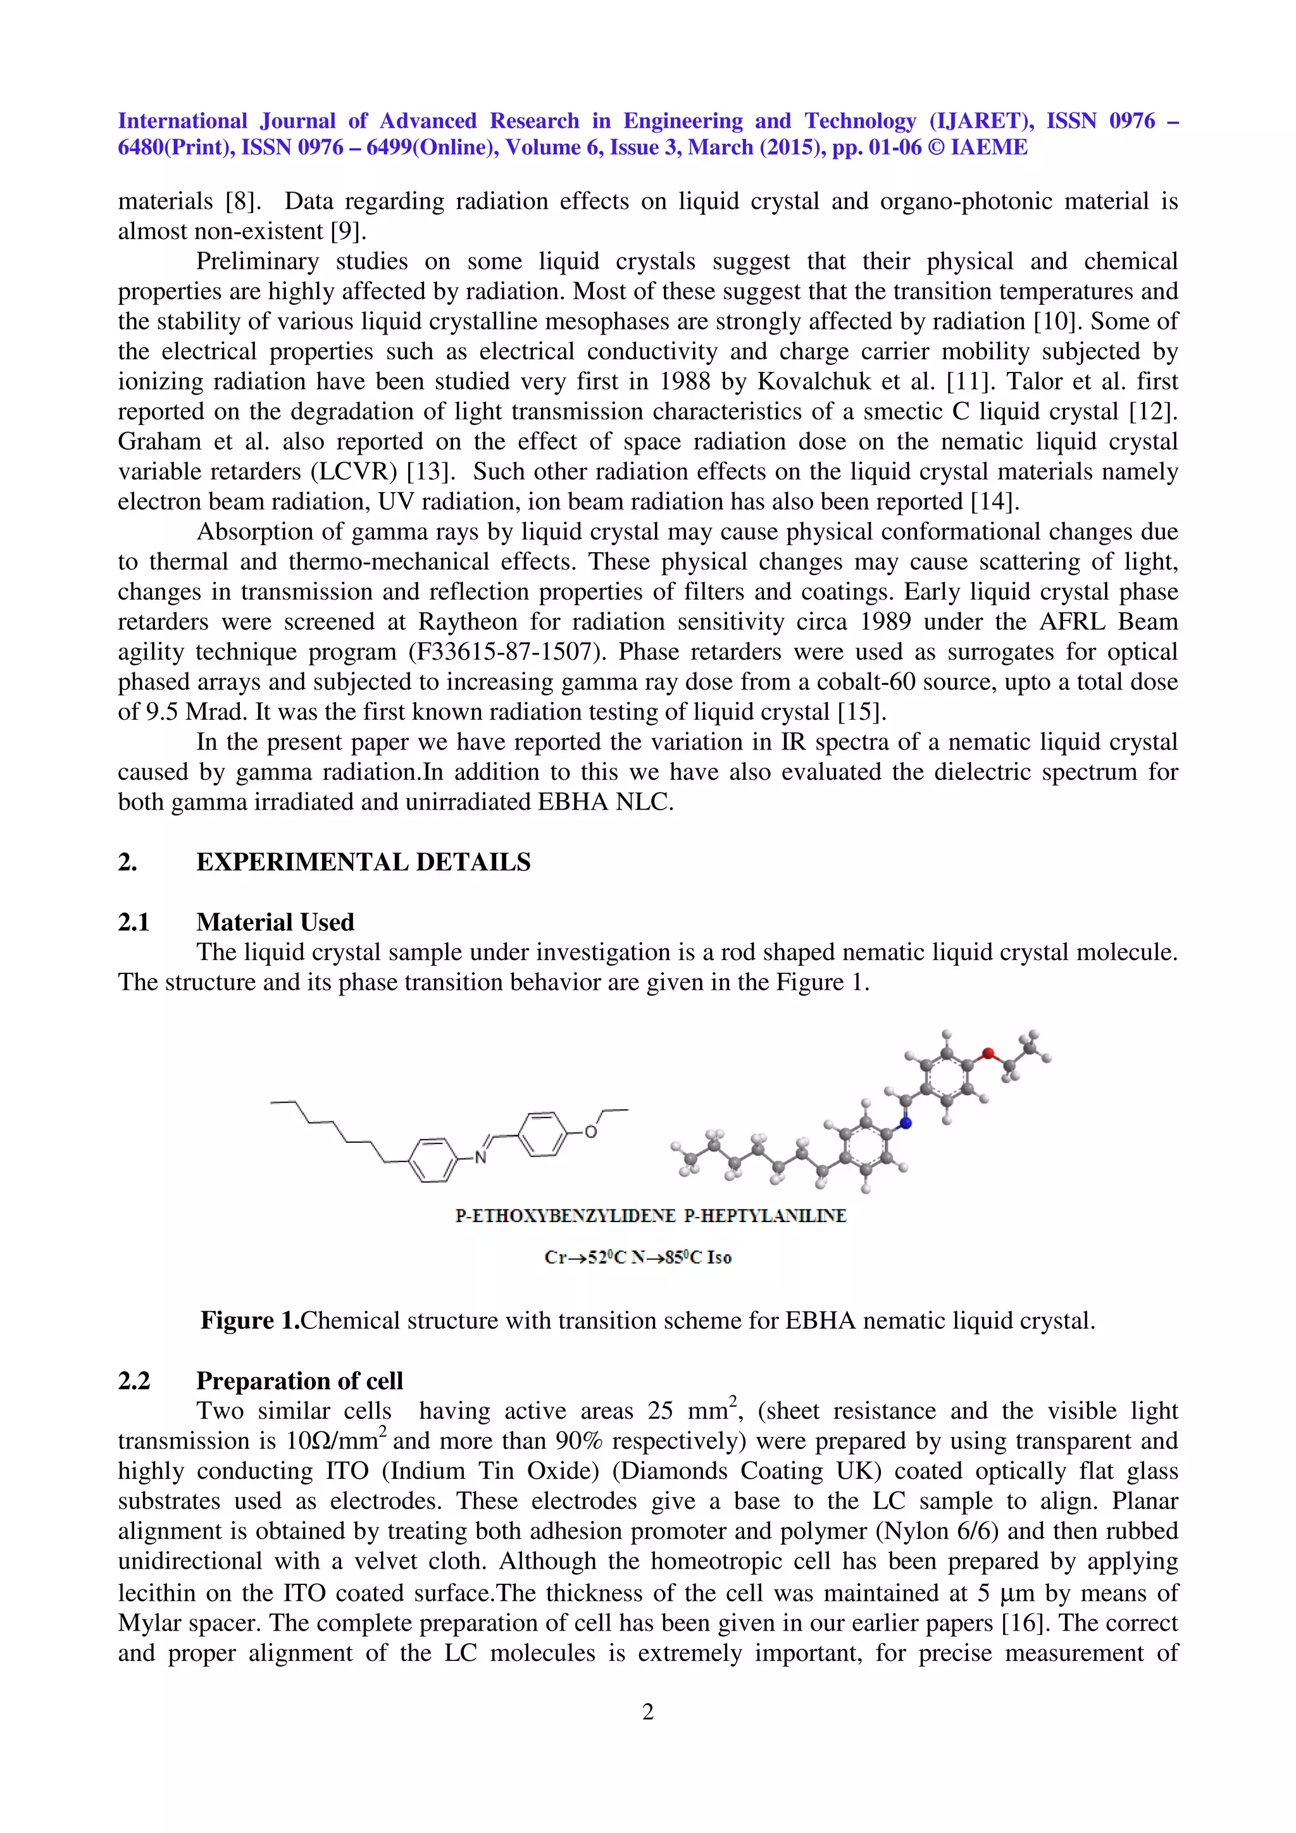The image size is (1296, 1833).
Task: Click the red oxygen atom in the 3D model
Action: (988, 1053)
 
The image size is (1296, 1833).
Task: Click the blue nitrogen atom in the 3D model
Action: (906, 1123)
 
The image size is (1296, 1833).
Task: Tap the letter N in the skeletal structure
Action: (481, 1157)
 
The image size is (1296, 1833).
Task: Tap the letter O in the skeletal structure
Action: (591, 1132)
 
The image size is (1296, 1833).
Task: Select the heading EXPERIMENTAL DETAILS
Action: (363, 862)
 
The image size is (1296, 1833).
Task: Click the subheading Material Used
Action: (275, 922)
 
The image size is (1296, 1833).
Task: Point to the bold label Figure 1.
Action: (249, 1321)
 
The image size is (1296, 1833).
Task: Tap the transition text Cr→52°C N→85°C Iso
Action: (638, 1257)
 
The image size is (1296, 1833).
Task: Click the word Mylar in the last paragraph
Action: (151, 1623)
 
